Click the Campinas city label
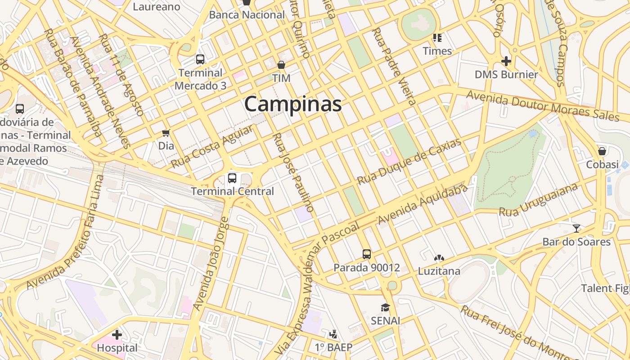point(293,104)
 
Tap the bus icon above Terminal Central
point(232,178)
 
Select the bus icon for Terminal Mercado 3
point(200,59)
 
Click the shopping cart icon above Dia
point(166,133)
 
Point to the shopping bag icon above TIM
point(281,65)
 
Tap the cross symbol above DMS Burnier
point(506,61)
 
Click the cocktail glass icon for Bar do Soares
point(576,228)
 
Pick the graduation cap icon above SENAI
point(385,308)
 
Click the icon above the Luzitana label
point(439,258)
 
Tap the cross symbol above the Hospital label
point(117,335)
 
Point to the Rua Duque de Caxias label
point(409,162)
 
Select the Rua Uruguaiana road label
point(538,200)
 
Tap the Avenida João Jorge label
point(211,264)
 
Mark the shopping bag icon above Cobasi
point(602,151)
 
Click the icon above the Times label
point(437,38)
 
